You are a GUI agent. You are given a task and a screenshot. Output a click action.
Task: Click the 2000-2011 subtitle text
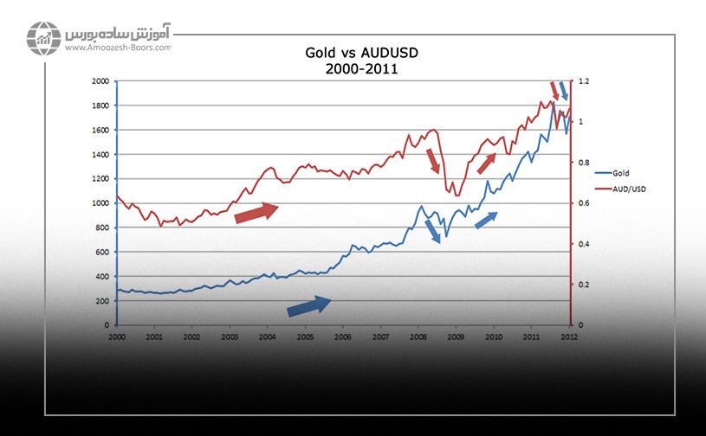click(357, 69)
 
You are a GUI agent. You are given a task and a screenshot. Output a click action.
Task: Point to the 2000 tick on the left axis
click(101, 81)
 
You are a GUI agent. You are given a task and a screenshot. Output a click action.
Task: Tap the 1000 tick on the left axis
click(101, 203)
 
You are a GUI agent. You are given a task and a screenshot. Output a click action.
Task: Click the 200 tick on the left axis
click(104, 301)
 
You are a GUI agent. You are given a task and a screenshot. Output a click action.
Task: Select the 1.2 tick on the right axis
click(585, 81)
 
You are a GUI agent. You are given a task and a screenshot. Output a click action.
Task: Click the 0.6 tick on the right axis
click(585, 203)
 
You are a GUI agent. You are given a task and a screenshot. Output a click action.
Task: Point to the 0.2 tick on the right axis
click(585, 285)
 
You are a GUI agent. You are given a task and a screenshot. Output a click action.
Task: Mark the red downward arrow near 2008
click(433, 162)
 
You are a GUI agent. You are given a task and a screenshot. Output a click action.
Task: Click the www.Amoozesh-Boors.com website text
click(117, 48)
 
